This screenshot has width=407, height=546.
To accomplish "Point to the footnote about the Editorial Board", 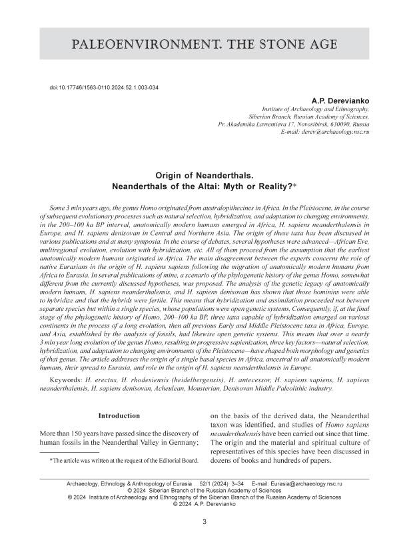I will [x=123, y=460].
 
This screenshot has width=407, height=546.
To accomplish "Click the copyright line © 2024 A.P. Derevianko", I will [x=204, y=504].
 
